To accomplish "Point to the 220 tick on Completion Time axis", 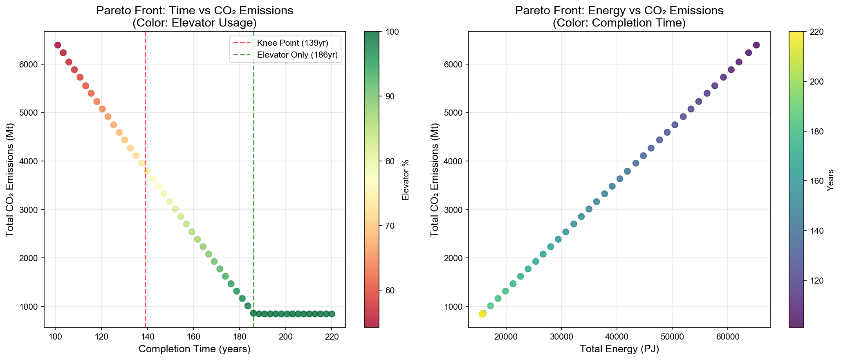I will click(x=332, y=337).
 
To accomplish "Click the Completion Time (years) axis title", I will click(x=194, y=349).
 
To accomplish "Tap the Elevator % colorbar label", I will click(x=406, y=180).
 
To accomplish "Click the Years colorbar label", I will click(x=830, y=180).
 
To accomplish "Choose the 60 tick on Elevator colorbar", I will click(x=387, y=291).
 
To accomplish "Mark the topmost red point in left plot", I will click(x=58, y=45).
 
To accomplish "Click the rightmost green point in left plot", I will click(x=332, y=314).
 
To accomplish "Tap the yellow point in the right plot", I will click(x=482, y=314).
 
